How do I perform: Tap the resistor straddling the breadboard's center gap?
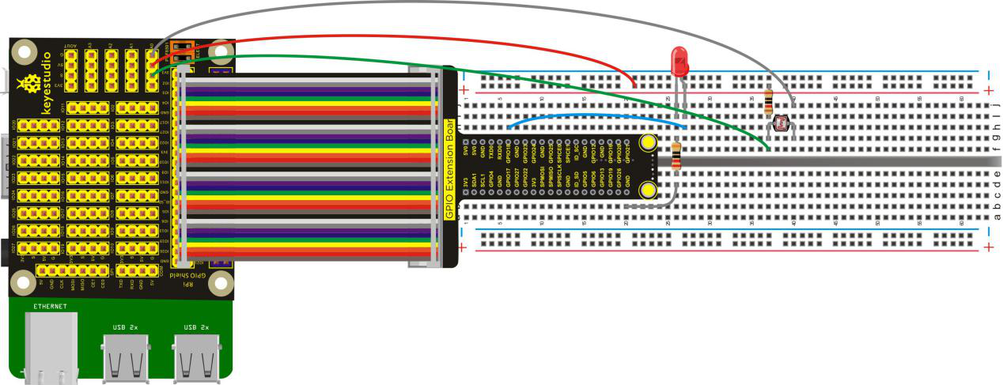pyautogui.click(x=676, y=156)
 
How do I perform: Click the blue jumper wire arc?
pyautogui.click(x=593, y=117)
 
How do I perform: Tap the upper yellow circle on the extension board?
pyautogui.click(x=648, y=142)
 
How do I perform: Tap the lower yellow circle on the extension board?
pyautogui.click(x=648, y=190)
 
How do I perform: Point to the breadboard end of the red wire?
pyautogui.click(x=634, y=85)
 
